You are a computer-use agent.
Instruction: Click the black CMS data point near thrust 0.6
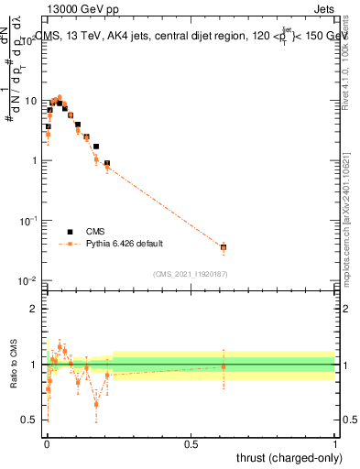[223, 247]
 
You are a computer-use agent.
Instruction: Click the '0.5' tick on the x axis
[191, 444]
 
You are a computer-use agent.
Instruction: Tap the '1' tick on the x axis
[334, 444]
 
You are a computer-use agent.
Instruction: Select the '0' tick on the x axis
[47, 444]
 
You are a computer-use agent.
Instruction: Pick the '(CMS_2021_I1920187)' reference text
[190, 273]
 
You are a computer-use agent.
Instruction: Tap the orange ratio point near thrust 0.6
[223, 366]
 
